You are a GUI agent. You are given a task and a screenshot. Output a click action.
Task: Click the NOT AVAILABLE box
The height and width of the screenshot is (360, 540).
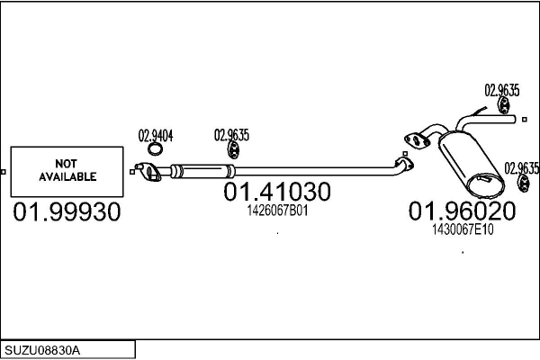click(66, 171)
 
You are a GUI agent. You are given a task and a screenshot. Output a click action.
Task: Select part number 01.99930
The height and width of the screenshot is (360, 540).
click(67, 212)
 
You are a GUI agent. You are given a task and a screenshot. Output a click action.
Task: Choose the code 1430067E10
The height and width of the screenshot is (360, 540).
click(463, 229)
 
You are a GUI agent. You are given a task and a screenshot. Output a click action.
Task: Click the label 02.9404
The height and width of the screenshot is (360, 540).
click(155, 137)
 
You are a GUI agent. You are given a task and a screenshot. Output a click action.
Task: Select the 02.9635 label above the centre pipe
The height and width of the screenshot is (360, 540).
click(231, 136)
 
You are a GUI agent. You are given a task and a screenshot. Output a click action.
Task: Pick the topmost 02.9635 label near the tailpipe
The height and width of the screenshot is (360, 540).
click(501, 90)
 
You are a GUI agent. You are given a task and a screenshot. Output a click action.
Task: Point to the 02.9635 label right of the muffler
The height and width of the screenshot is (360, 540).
click(521, 167)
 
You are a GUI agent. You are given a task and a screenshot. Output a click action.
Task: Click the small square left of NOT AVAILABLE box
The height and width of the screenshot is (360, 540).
click(4, 171)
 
